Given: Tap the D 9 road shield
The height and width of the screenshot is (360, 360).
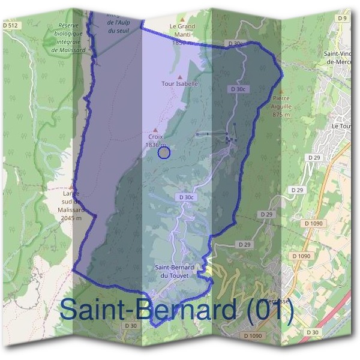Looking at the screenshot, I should (x=343, y=19).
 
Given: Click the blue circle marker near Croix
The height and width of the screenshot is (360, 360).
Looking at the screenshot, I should (x=164, y=153).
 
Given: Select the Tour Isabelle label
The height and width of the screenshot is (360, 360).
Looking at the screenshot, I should (x=179, y=84).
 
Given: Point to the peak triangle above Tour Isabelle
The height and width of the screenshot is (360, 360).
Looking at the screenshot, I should (x=180, y=77).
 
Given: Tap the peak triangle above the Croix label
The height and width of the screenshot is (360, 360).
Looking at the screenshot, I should (x=156, y=130).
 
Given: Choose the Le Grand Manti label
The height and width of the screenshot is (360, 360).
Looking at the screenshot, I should (x=182, y=26).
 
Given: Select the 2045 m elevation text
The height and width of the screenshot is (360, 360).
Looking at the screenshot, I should (x=71, y=218).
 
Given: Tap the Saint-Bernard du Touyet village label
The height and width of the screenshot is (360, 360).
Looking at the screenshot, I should (x=172, y=271).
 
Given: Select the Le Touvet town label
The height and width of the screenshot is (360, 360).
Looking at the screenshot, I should (x=342, y=127).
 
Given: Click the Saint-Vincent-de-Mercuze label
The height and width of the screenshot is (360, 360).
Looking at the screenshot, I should (x=340, y=58).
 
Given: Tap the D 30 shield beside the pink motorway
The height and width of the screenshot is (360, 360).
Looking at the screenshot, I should (x=312, y=332).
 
